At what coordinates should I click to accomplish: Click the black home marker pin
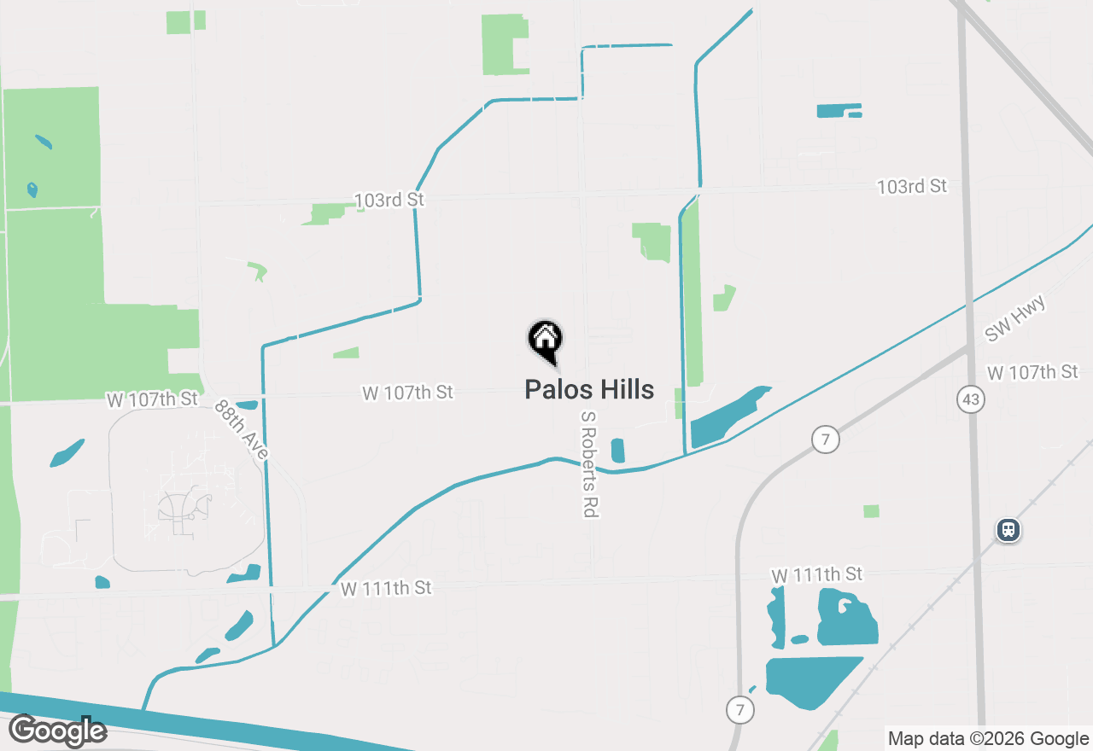point(545,340)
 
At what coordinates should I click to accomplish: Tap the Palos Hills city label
point(589,390)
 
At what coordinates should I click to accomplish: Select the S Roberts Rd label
point(588,464)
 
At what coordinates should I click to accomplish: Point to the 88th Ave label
point(242,430)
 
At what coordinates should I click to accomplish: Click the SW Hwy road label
point(1015,318)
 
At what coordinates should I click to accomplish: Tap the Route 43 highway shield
point(972,399)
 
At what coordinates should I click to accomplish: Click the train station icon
point(1008,531)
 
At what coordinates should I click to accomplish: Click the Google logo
point(57,731)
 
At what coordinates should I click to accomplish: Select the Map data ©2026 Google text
point(988,739)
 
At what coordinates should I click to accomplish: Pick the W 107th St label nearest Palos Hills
point(408,393)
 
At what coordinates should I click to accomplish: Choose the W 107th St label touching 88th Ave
point(152,399)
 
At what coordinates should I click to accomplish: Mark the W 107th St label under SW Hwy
point(1032,372)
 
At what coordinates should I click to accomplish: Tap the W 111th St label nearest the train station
point(817,575)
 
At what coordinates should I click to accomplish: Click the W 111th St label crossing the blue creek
point(386,588)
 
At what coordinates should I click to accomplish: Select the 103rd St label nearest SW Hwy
point(912,186)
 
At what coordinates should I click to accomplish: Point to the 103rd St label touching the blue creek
point(389,200)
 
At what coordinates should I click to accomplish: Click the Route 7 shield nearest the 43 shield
point(826,440)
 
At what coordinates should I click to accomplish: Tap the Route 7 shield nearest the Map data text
point(739,708)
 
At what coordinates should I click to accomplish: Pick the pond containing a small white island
point(846,616)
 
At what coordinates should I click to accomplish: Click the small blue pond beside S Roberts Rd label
point(618,451)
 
